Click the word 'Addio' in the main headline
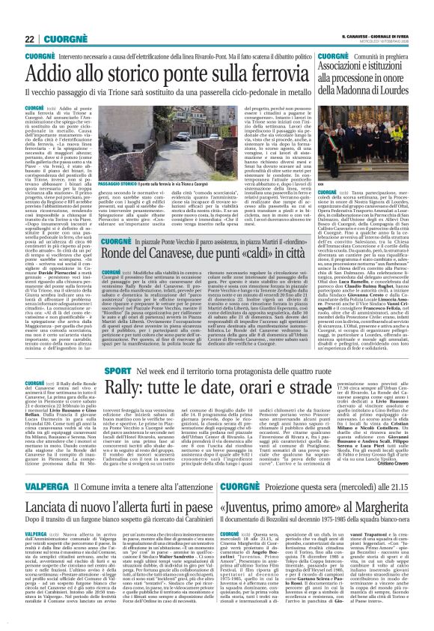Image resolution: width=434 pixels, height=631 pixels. pos(53,73)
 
